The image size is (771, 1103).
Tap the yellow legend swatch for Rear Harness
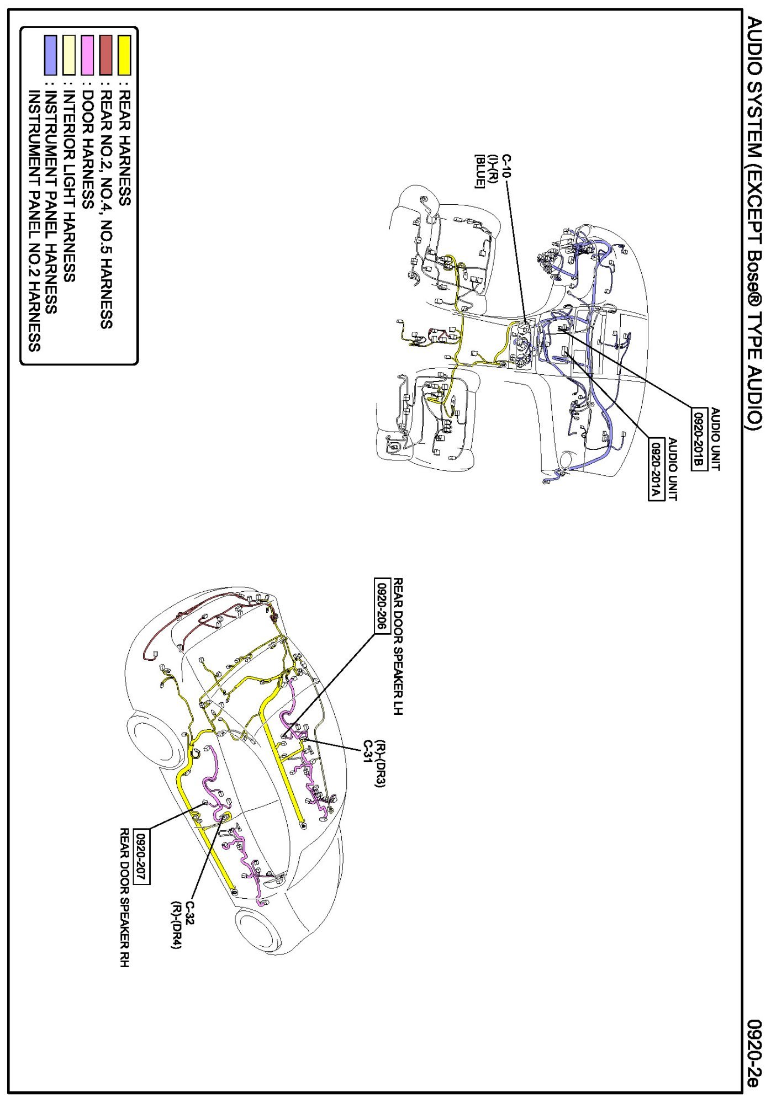125,55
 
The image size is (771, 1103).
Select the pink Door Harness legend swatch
87,55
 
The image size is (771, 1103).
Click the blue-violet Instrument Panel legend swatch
50,55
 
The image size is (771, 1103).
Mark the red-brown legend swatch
106,55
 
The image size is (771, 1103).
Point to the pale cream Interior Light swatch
69,55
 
